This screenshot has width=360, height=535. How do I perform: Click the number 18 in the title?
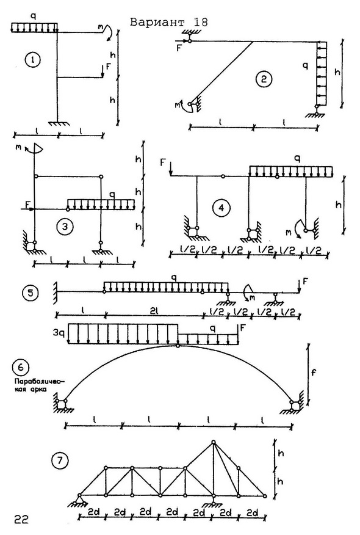point(200,22)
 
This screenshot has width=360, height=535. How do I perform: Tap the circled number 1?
point(33,60)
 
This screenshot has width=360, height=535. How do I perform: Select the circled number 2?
point(264,79)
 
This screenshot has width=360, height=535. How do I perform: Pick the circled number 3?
point(65,227)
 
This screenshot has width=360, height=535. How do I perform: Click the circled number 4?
point(221,208)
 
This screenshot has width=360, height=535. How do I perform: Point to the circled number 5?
point(31,293)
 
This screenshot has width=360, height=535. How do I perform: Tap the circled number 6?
point(21,368)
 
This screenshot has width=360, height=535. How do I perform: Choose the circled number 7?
point(60,461)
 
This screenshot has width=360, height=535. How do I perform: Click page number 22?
point(21,519)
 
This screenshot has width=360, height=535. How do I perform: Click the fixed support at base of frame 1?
point(57,123)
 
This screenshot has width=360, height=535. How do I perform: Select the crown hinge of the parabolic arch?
point(178,346)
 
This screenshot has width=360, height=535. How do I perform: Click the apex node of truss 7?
point(214,442)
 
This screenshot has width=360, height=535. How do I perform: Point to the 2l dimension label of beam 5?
point(154,311)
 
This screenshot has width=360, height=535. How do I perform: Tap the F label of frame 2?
point(179,48)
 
